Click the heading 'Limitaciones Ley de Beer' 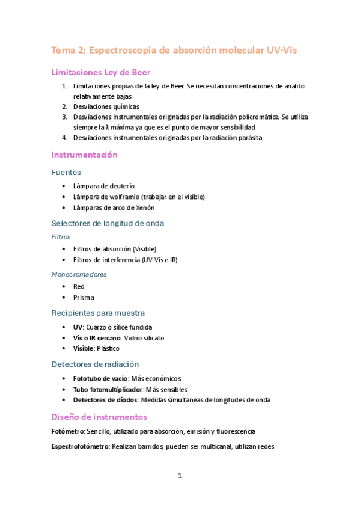(100, 73)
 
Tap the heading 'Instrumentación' (84, 155)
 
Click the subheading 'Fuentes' (66, 172)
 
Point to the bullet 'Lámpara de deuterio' (103, 186)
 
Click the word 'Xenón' (144, 208)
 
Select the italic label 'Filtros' (61, 237)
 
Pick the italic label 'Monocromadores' (79, 274)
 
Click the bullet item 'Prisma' (84, 298)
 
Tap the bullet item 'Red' (79, 287)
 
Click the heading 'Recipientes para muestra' (98, 313)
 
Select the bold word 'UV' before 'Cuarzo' (78, 327)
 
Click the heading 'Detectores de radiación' (95, 364)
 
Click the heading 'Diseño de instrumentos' (99, 417)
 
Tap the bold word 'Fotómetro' (67, 431)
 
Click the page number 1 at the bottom (180, 476)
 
